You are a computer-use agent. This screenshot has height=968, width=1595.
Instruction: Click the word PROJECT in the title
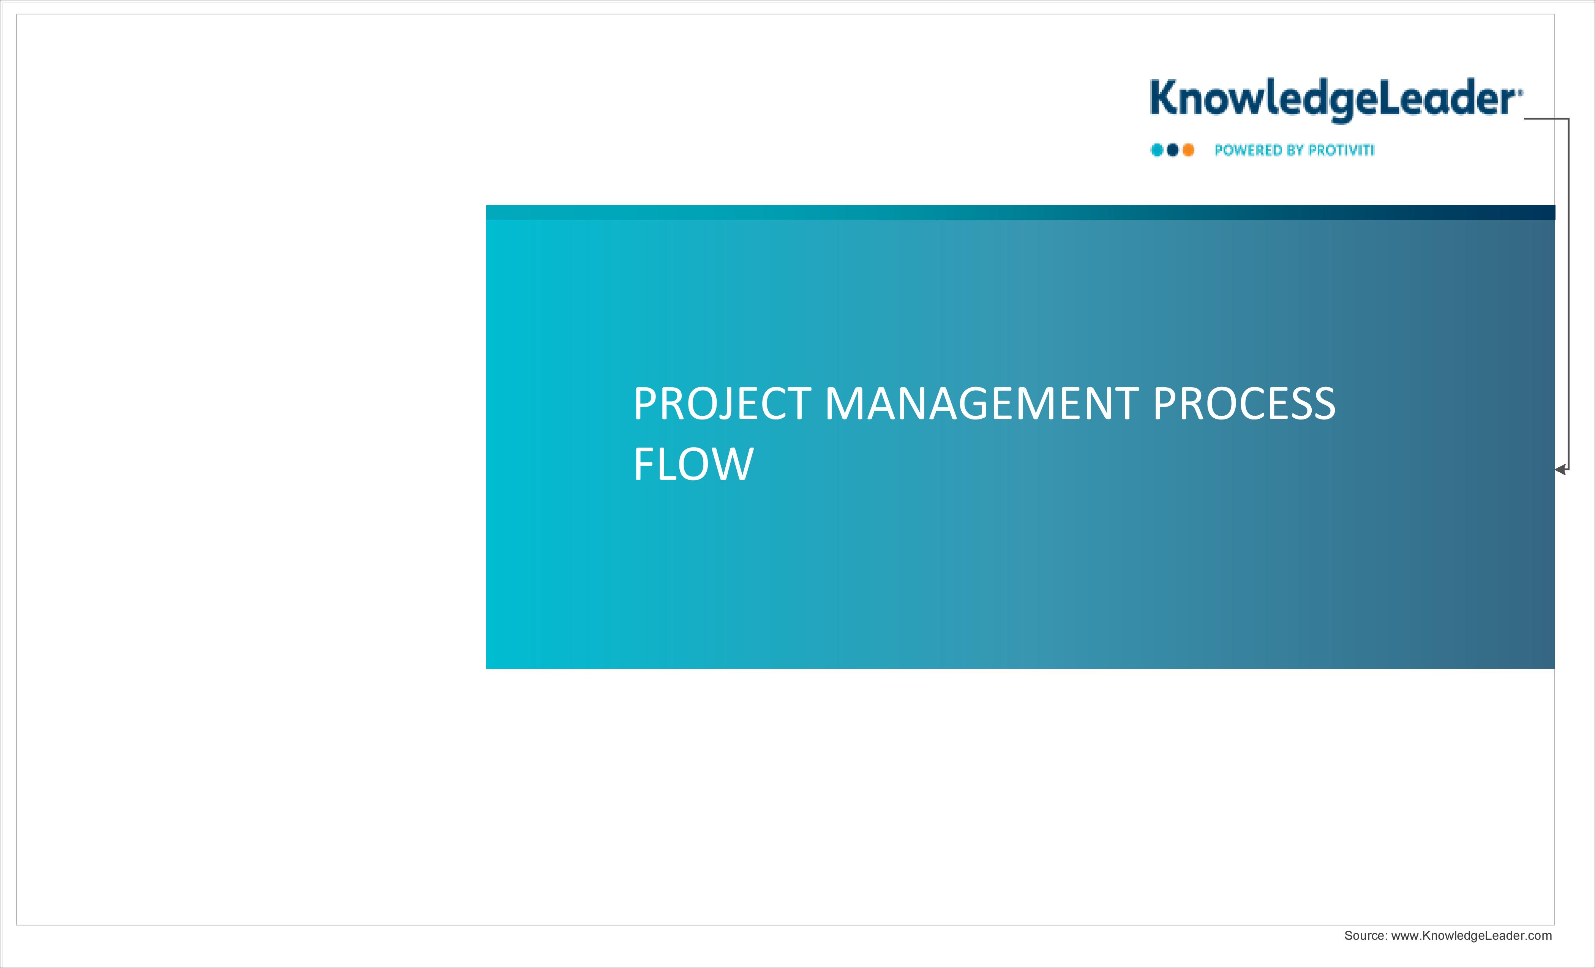pos(722,404)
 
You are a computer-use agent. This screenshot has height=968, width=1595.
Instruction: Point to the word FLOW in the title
pos(693,464)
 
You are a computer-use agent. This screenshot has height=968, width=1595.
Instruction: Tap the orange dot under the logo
pos(1189,150)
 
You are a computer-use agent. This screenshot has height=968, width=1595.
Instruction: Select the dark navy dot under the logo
pos(1172,150)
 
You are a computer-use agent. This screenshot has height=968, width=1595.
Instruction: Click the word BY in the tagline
pos(1296,150)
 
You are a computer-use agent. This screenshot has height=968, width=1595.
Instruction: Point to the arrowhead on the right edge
pos(1560,470)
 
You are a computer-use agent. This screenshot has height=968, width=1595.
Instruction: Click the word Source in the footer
pos(1365,936)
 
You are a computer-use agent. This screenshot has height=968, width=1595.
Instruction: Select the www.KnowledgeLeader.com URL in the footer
pos(1471,936)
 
